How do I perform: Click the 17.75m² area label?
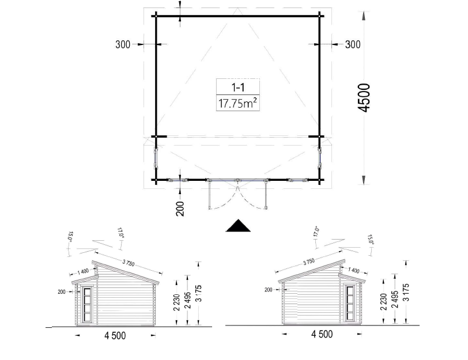tap(238, 103)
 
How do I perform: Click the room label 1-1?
tap(238, 88)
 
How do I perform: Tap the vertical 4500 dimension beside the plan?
tap(364, 97)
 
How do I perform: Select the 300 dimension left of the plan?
tap(123, 44)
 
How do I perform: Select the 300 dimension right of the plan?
tap(353, 44)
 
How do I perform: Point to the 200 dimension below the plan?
tap(180, 209)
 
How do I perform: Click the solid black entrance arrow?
tap(238, 225)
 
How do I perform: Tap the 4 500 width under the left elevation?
tap(115, 336)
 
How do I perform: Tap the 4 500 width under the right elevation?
tap(322, 334)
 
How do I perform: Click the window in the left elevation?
tap(88, 304)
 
